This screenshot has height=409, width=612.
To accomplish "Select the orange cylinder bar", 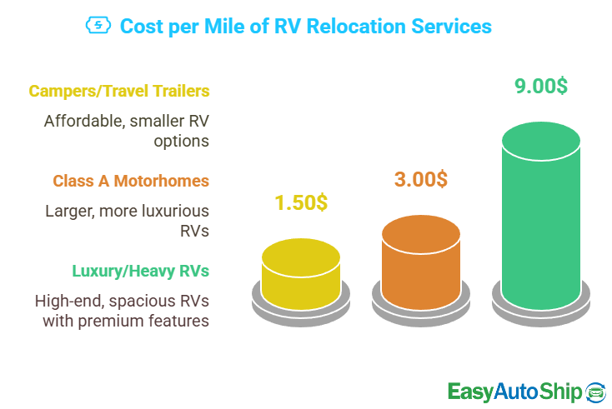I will coord(420,257).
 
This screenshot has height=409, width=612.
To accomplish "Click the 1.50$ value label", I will coord(301,202).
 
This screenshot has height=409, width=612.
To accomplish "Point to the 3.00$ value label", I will coord(420,179).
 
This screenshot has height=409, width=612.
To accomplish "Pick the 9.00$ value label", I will coord(540,87).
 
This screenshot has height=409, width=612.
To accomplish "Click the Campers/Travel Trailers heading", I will coord(119,91).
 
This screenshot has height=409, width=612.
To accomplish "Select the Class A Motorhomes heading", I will coord(131,181).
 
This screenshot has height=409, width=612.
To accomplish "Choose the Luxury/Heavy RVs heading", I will coord(141,271).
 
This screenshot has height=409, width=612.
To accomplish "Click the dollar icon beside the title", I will coord(98,27).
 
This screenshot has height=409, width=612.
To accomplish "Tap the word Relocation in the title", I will coord(346,27).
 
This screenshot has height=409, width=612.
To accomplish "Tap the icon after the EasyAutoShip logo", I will coord(596,391).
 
